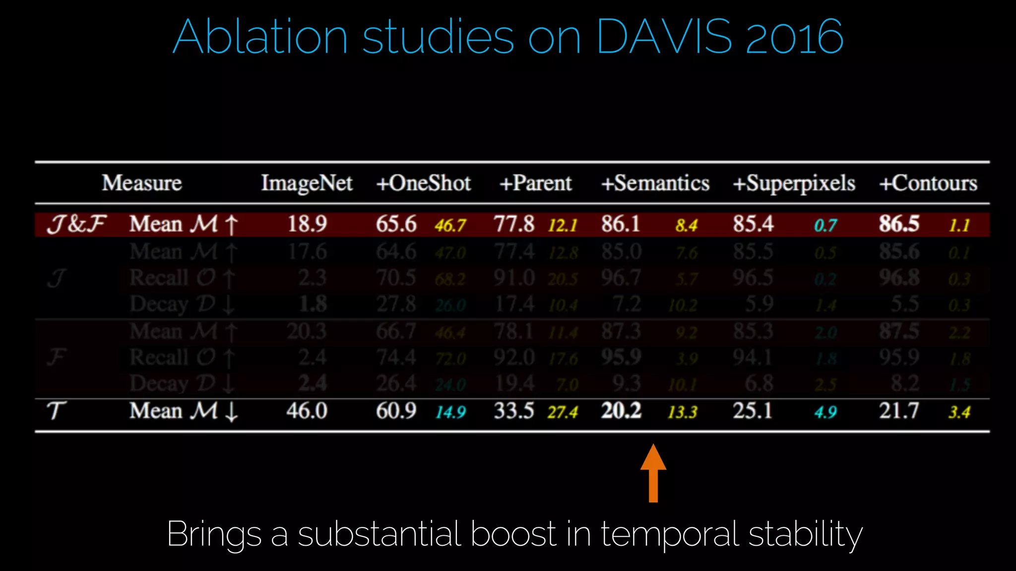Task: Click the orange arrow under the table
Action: point(653,473)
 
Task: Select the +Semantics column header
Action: point(655,183)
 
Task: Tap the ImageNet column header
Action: point(307,183)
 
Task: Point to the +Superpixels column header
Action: point(794,183)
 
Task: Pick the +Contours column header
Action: point(928,183)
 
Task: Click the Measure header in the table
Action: point(142,183)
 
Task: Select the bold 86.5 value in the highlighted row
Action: point(899,224)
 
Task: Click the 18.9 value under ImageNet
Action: point(307,224)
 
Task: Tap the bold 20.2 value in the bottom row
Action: point(621,411)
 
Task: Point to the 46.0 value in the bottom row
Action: point(307,411)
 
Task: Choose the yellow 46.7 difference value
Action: point(450,226)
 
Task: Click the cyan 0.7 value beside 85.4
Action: point(825,226)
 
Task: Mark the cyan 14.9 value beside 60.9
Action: point(450,412)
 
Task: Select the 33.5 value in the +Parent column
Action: point(514,411)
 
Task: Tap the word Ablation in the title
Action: point(260,37)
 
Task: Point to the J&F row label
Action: point(76,224)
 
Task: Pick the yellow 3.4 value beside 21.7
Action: point(959,412)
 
